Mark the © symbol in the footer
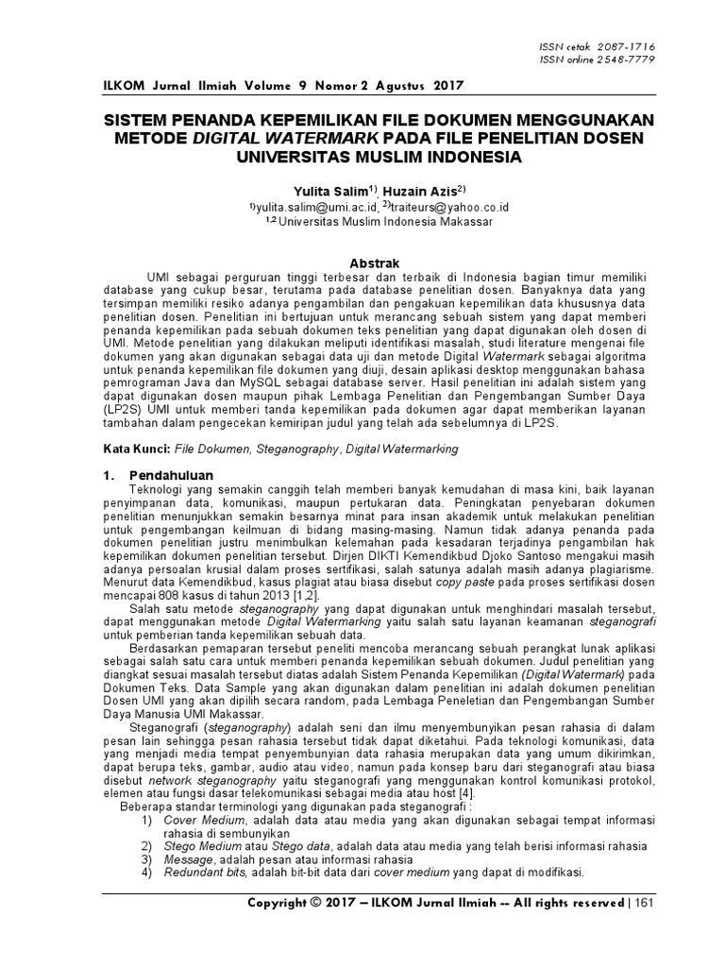tap(314, 902)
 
